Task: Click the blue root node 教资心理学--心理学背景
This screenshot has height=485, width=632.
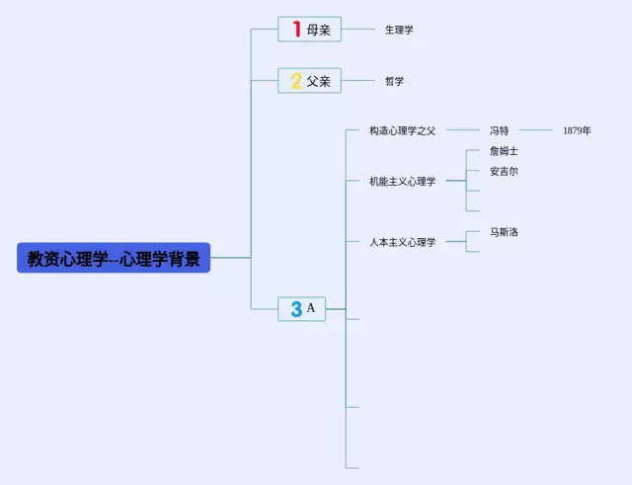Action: pos(114,258)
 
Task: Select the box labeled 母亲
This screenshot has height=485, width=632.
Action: pos(309,29)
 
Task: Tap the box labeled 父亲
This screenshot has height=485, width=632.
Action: pos(309,81)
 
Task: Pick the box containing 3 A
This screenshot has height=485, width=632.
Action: pos(301,309)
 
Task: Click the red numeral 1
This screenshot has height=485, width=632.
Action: pos(297,29)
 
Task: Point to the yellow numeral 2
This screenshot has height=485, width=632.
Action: pos(296,81)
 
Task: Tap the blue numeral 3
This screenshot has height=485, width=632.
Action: pos(296,309)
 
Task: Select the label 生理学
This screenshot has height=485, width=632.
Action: pos(399,30)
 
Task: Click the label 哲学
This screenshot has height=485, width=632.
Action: pos(394,81)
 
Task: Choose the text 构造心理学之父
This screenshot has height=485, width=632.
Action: pos(403,130)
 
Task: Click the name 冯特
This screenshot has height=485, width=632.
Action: pos(499,130)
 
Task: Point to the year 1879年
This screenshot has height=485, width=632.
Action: pos(577,130)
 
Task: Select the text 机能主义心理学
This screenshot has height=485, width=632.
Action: pos(403,182)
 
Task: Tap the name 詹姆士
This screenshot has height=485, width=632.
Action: pos(504,151)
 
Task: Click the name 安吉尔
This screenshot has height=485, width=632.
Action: pos(504,171)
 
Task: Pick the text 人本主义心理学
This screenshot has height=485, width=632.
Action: pos(403,242)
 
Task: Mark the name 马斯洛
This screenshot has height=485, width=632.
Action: pos(504,232)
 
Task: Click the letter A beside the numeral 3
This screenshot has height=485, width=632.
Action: pos(310,308)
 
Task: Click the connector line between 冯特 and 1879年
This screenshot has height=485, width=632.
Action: pos(536,129)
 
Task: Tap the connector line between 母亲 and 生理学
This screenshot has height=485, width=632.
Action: pos(357,29)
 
